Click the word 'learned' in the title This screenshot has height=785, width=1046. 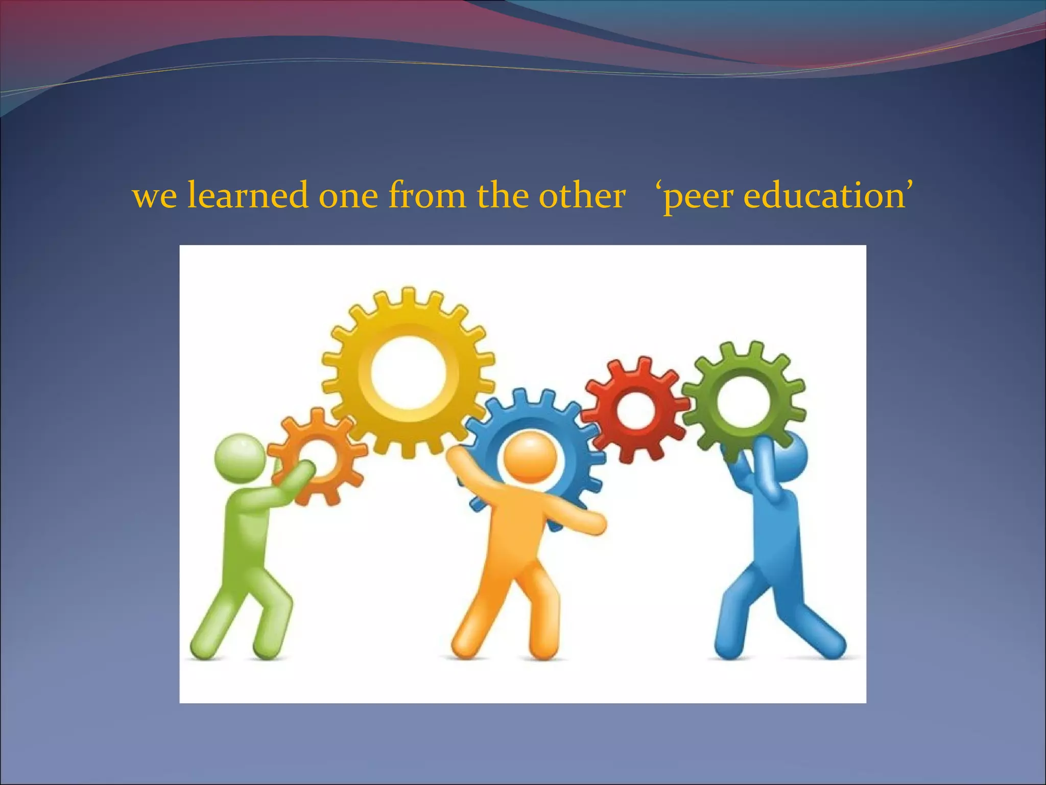[x=247, y=196]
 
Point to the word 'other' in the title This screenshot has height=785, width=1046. [x=582, y=196]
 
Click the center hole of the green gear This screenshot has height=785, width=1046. [x=743, y=402]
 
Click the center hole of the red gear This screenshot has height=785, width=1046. [x=634, y=409]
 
